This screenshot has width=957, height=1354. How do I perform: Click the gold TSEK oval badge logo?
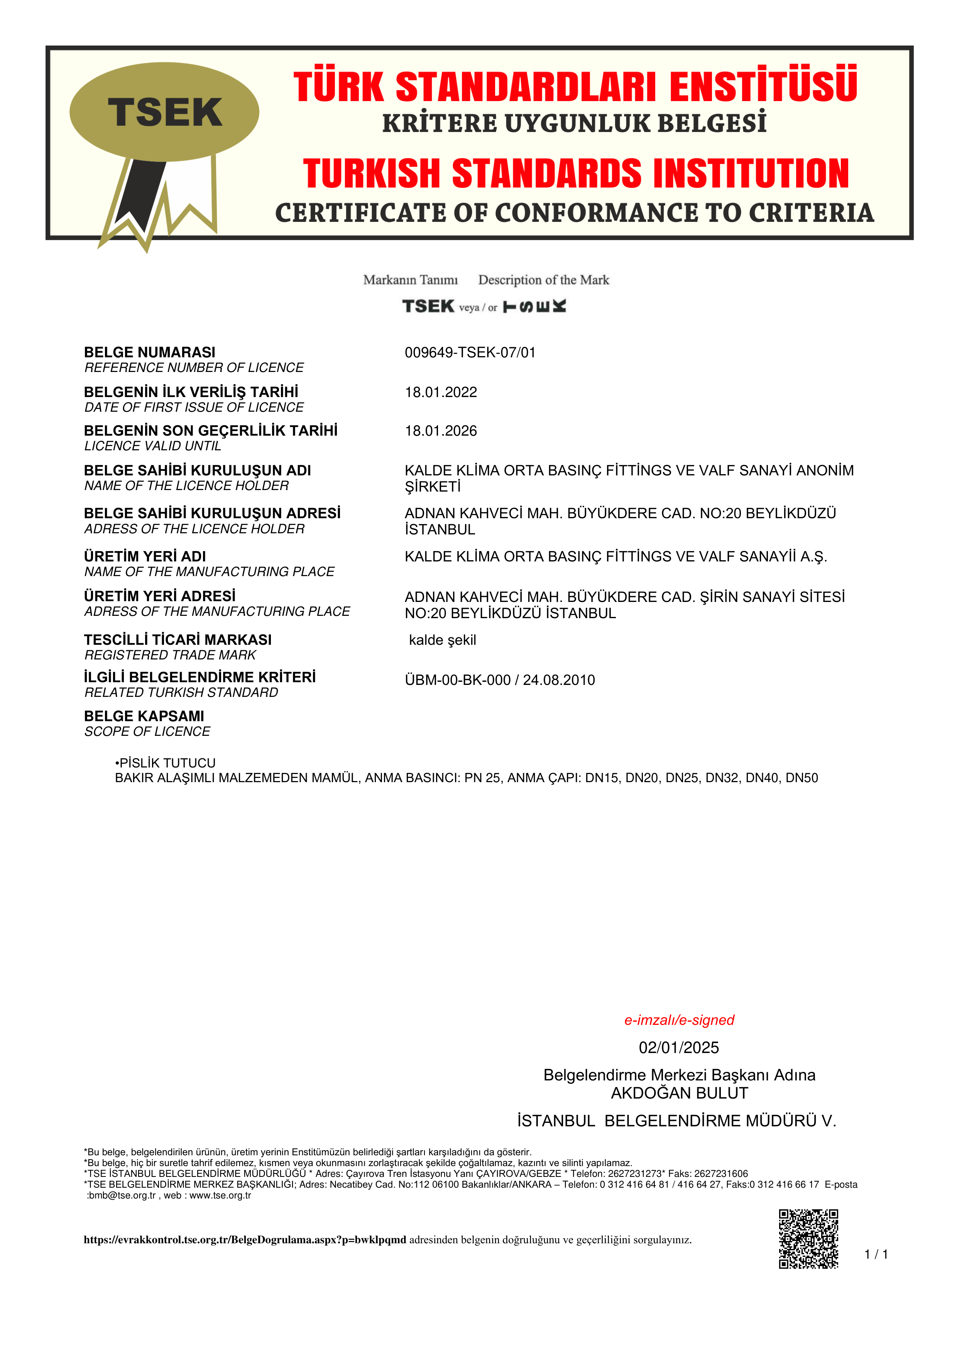click(164, 112)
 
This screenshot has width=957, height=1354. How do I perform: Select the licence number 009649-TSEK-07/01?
click(470, 353)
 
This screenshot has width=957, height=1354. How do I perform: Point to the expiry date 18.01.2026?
click(440, 431)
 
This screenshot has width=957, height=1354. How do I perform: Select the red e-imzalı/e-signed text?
click(679, 1020)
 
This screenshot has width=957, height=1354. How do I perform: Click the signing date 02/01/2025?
click(679, 1048)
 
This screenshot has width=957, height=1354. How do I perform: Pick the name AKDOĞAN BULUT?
click(679, 1093)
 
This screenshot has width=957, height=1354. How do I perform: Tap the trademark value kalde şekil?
click(442, 641)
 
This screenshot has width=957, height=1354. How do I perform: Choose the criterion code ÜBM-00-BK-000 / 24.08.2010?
click(499, 680)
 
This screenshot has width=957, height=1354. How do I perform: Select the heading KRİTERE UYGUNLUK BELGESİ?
click(574, 124)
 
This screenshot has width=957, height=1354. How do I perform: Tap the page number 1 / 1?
click(876, 1254)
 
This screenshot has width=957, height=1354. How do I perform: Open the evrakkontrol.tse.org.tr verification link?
click(245, 1240)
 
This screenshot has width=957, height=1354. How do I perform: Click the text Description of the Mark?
click(543, 280)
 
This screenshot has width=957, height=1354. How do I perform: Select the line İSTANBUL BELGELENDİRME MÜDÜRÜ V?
click(676, 1121)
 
